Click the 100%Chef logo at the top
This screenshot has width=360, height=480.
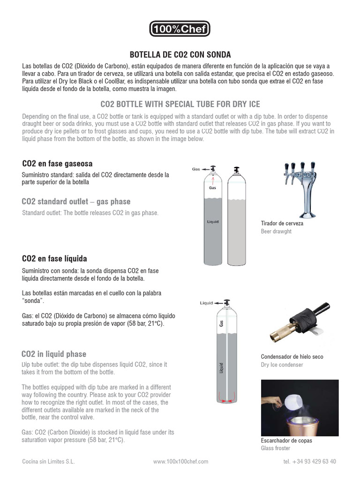coord(180,30)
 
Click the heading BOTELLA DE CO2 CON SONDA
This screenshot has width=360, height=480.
coord(180,55)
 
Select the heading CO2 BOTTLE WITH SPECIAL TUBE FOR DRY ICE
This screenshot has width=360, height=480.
coord(180,104)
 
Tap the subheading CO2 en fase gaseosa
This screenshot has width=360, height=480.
coord(57,164)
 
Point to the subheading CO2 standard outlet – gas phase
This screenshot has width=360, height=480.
coord(76,202)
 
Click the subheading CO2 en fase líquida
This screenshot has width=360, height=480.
coord(54,259)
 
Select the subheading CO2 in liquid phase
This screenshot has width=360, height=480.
coord(54,354)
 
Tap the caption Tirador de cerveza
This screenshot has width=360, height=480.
coord(282,223)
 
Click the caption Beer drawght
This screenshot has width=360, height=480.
coord(276,232)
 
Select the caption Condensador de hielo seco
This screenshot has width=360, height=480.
coord(292,357)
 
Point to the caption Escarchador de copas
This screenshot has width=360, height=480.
coord(286,441)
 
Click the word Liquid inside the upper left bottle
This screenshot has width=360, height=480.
coord(212,222)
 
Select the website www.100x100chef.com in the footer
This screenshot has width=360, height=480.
coord(180,462)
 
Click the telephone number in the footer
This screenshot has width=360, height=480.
coord(309,462)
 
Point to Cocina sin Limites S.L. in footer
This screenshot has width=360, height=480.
coord(48,462)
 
